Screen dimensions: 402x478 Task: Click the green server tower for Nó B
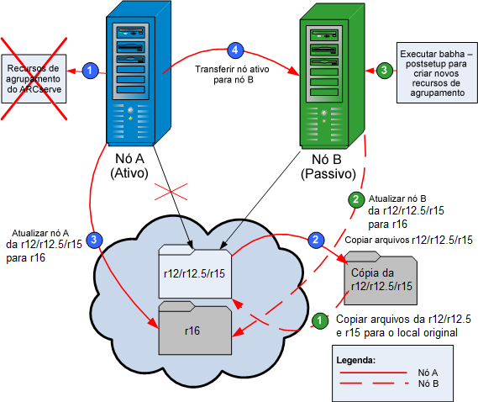coord(329,74)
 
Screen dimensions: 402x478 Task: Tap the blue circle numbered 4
coord(236,51)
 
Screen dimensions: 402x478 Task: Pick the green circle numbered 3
coord(383,71)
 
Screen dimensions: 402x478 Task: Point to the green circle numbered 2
coord(356,199)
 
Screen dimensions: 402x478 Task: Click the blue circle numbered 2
coord(315,240)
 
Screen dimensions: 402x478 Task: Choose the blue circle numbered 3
coord(97,241)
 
